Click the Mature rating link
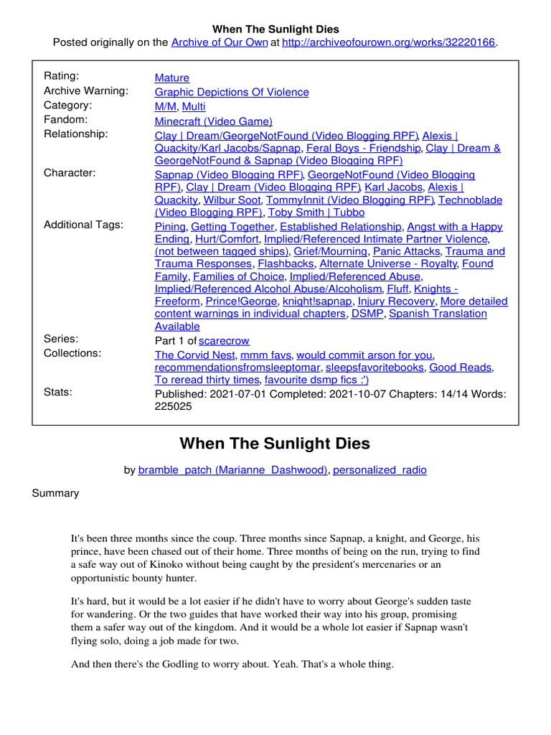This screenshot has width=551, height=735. click(x=172, y=78)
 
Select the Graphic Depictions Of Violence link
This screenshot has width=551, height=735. click(x=232, y=92)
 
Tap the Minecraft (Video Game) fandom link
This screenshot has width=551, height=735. click(x=214, y=121)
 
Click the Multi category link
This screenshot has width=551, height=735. click(x=194, y=106)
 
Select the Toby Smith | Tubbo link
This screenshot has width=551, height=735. click(x=316, y=212)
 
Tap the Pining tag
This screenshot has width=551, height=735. click(x=170, y=226)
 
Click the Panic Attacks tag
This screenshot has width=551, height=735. click(x=408, y=251)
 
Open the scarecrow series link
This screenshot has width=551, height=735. click(x=225, y=340)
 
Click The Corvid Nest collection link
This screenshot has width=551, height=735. click(x=194, y=355)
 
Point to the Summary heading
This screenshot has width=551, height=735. click(x=56, y=494)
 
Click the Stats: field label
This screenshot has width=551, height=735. click(x=59, y=392)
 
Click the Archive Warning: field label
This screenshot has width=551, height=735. click(x=86, y=90)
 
